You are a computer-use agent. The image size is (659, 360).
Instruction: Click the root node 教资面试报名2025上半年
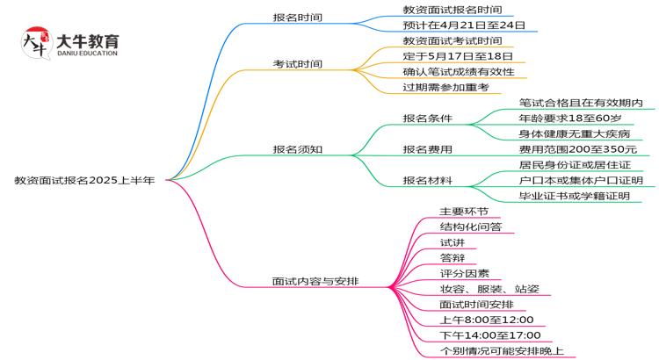(84, 180)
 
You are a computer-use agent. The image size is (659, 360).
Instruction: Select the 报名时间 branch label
(297, 17)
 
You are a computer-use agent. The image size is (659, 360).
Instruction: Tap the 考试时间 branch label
(297, 64)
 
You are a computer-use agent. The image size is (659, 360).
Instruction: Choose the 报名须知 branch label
(297, 149)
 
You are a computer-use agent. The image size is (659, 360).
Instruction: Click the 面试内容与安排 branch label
(315, 282)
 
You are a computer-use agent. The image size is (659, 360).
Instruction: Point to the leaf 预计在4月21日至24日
(464, 25)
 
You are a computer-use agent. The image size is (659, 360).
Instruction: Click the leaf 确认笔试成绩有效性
(459, 71)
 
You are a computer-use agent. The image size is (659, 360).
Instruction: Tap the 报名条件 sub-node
(428, 118)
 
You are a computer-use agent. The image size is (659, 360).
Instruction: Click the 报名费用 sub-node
(428, 149)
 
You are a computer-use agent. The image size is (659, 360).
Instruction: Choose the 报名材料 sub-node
(428, 180)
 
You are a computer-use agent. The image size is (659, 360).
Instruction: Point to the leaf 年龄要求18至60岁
(569, 118)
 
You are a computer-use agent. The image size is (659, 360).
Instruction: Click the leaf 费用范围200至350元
(577, 149)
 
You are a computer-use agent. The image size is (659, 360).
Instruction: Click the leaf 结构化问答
(471, 227)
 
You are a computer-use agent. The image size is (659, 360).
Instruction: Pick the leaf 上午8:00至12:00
(487, 320)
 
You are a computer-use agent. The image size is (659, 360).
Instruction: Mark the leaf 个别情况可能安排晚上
(502, 350)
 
